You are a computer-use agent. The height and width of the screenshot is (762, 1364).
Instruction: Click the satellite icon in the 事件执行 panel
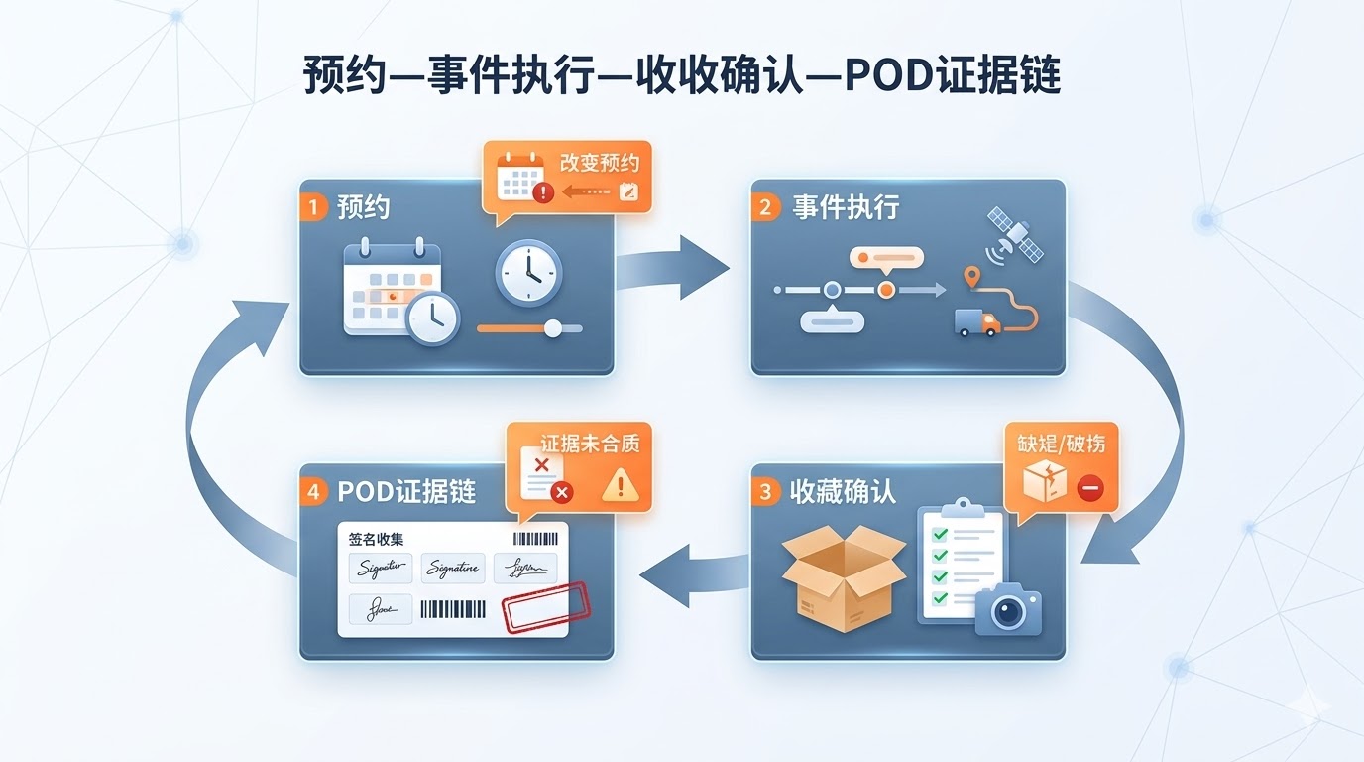[x=1016, y=234]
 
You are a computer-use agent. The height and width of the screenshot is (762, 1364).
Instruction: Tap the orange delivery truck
[x=977, y=321]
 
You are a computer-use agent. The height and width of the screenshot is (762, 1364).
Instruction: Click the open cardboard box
[x=843, y=576]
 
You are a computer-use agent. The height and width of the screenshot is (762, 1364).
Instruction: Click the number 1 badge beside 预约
[x=313, y=207]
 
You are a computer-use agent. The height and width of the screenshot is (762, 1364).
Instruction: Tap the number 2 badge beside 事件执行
[x=765, y=207]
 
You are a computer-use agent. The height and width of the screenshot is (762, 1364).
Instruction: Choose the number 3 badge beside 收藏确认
[x=765, y=491]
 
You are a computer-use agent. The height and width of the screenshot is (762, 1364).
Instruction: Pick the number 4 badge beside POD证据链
[x=313, y=491]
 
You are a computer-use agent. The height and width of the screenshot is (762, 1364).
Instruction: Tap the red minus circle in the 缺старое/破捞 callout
[x=1089, y=488]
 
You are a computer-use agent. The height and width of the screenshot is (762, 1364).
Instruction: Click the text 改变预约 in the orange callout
[x=600, y=163]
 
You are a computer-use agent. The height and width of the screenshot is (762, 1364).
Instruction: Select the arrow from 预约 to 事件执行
[x=674, y=267]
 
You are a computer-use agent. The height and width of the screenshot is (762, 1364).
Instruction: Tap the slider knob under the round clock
[x=553, y=328]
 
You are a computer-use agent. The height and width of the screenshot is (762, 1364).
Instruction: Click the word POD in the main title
[x=885, y=75]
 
